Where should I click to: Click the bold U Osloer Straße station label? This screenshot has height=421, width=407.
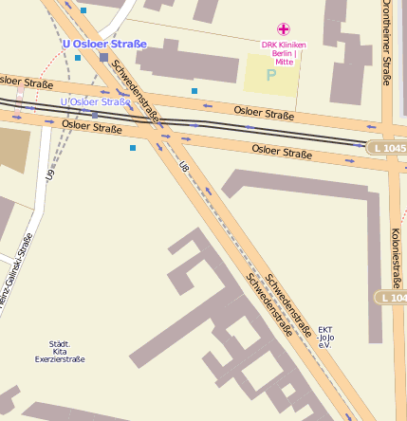pos(104,44)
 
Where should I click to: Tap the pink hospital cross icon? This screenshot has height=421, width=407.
pos(283,29)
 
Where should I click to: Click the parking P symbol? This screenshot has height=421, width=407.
pos(271,75)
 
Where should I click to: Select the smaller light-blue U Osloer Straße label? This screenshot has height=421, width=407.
pos(95,101)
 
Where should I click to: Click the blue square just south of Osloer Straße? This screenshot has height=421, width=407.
pos(133,148)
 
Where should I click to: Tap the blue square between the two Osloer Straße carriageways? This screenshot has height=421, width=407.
pos(194,91)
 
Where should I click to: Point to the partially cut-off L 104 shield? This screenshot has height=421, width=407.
pos(393,298)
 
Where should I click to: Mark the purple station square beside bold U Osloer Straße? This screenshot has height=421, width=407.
pos(103,58)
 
